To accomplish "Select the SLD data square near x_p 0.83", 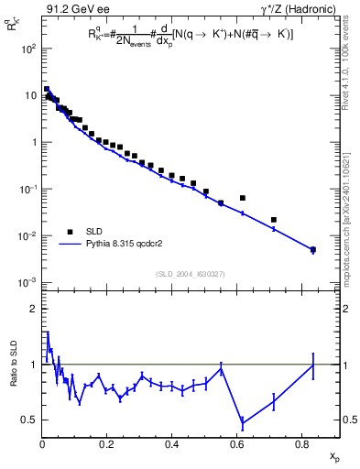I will (312, 249).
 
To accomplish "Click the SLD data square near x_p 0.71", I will (274, 220).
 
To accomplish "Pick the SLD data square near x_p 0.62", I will (243, 198).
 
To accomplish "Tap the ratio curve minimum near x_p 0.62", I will (243, 423).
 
